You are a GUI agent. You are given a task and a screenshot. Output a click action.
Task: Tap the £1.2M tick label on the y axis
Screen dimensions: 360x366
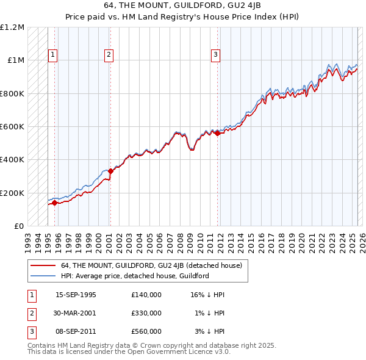tap(12, 27)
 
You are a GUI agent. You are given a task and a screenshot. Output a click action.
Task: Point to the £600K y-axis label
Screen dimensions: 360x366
tap(12, 127)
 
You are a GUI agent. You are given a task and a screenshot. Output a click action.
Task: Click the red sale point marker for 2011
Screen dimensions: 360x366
tap(218, 133)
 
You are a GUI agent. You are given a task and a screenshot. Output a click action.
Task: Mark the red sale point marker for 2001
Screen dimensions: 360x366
tap(110, 171)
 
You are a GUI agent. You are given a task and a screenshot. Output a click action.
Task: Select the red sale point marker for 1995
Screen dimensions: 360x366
tap(54, 203)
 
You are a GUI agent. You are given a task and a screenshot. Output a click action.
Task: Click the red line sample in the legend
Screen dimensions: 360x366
tap(43, 265)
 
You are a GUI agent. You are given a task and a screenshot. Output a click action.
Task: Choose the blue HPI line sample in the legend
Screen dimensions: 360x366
tap(43, 276)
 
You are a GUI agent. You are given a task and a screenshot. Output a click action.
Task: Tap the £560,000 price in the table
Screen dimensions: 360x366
tap(146, 331)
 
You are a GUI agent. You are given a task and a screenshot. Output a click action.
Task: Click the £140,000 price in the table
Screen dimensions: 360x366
tap(146, 295)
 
